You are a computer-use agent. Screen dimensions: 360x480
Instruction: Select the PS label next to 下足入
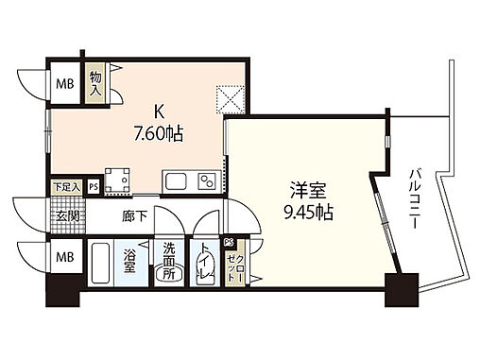pyautogui.click(x=93, y=187)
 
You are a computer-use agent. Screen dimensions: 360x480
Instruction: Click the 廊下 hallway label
pyautogui.click(x=133, y=214)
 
